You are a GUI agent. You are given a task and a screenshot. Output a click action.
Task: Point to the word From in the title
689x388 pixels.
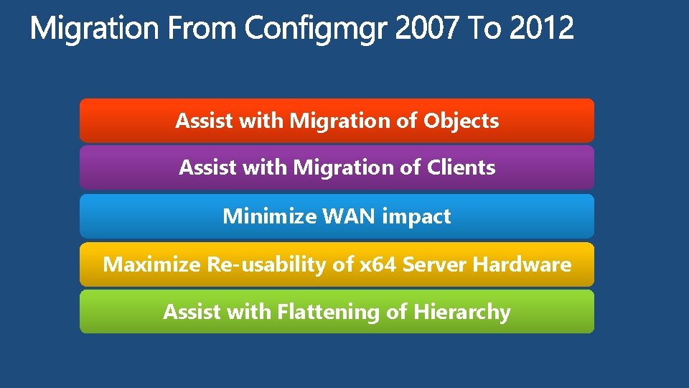click(203, 29)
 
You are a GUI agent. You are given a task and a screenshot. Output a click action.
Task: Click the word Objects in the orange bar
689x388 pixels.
click(461, 121)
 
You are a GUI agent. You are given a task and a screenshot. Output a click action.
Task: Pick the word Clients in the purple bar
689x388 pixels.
click(461, 168)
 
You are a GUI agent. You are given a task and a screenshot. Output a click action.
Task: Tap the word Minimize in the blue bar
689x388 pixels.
click(263, 216)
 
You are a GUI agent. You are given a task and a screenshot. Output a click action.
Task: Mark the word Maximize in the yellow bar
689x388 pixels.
click(151, 264)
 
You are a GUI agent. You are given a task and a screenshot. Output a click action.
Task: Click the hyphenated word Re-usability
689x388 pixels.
click(266, 265)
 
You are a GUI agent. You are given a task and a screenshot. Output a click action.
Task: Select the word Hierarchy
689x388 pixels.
click(461, 313)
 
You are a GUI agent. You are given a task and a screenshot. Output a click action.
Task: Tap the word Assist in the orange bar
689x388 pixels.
click(204, 121)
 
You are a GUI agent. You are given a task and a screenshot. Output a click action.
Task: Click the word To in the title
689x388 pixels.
click(483, 29)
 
